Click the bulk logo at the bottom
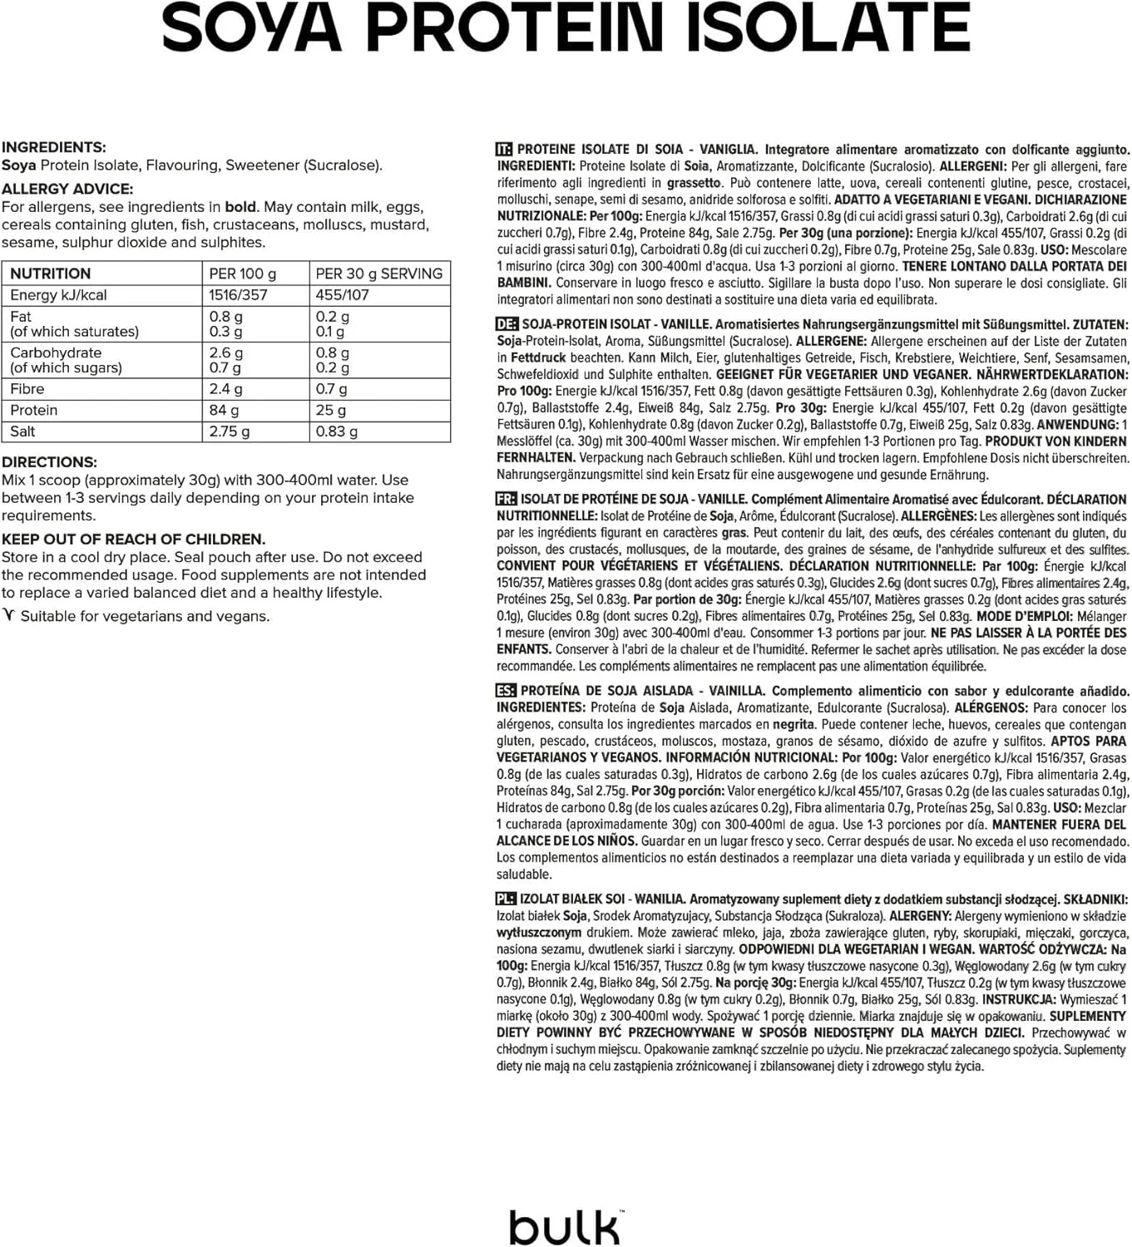[565, 1226]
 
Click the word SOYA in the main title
[251, 28]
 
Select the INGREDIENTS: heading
[54, 147]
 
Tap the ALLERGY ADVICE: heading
[67, 189]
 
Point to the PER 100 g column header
[242, 274]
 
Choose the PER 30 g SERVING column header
[378, 274]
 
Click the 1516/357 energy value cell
[238, 295]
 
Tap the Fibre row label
[27, 389]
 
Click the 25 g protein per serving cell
[330, 410]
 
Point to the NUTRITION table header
[50, 274]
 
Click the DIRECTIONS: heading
[49, 462]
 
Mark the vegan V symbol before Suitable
[9, 615]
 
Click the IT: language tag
[504, 150]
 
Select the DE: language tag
[506, 324]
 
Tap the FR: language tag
[506, 499]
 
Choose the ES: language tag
[506, 691]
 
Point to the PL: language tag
[506, 899]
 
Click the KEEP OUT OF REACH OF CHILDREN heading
[133, 539]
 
